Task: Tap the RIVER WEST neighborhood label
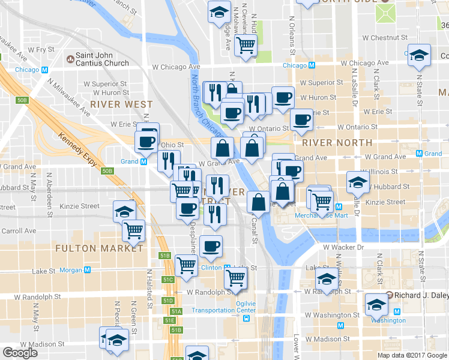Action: click(121, 104)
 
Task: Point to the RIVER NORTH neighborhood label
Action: click(337, 143)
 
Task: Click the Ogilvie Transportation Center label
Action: click(223, 306)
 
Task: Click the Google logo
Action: click(20, 353)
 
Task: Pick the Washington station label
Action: click(388, 320)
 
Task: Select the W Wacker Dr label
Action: click(343, 247)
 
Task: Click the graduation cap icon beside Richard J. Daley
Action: click(376, 305)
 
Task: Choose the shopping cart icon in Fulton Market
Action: click(133, 230)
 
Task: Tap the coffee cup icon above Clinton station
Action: click(211, 245)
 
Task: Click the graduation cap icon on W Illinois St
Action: click(358, 181)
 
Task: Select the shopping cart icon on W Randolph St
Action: click(236, 278)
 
